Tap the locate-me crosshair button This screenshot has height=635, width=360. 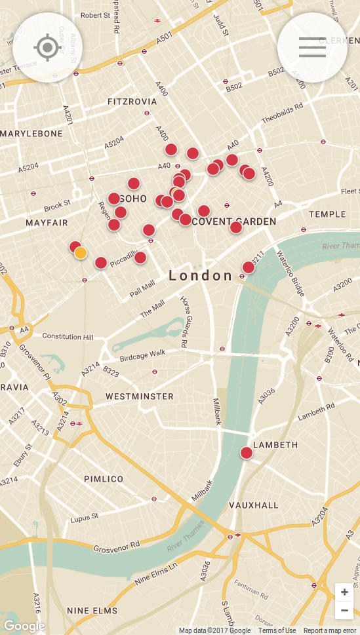click(x=47, y=47)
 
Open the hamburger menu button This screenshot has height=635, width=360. click(x=312, y=47)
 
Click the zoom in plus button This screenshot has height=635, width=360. click(x=344, y=592)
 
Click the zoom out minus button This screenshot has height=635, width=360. click(x=344, y=610)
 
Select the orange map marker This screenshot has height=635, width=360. click(x=81, y=253)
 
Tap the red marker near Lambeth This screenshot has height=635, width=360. click(x=247, y=453)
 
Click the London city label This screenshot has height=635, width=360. click(x=201, y=276)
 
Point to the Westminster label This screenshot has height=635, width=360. click(x=140, y=396)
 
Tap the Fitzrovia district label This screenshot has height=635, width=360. click(x=132, y=102)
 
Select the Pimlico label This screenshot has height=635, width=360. click(x=104, y=479)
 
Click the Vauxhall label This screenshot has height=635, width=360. click(x=254, y=505)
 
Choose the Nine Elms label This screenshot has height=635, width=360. click(x=92, y=611)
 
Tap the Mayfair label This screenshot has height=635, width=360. click(x=47, y=223)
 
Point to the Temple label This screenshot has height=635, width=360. click(x=327, y=214)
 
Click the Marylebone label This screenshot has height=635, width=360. click(x=31, y=134)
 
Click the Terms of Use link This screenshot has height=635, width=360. click(x=277, y=630)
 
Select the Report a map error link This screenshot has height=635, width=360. click(x=330, y=630)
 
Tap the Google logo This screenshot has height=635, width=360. click(x=24, y=626)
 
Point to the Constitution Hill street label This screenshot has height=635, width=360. click(x=68, y=336)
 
